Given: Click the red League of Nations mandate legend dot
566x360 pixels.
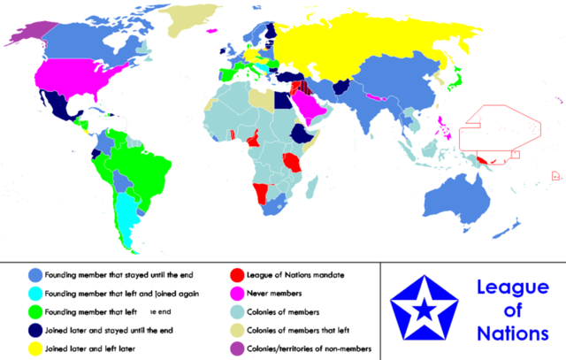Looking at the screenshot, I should coord(238,274).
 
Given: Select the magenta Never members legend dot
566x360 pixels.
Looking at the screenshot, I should coord(238,293).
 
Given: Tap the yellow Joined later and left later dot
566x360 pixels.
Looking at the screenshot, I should coord(34,349).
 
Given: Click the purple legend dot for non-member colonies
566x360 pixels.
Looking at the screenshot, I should coord(238,349).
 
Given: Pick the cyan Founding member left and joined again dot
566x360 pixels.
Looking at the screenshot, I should coord(34,293).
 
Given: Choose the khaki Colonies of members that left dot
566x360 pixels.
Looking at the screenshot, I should coord(238,331).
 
